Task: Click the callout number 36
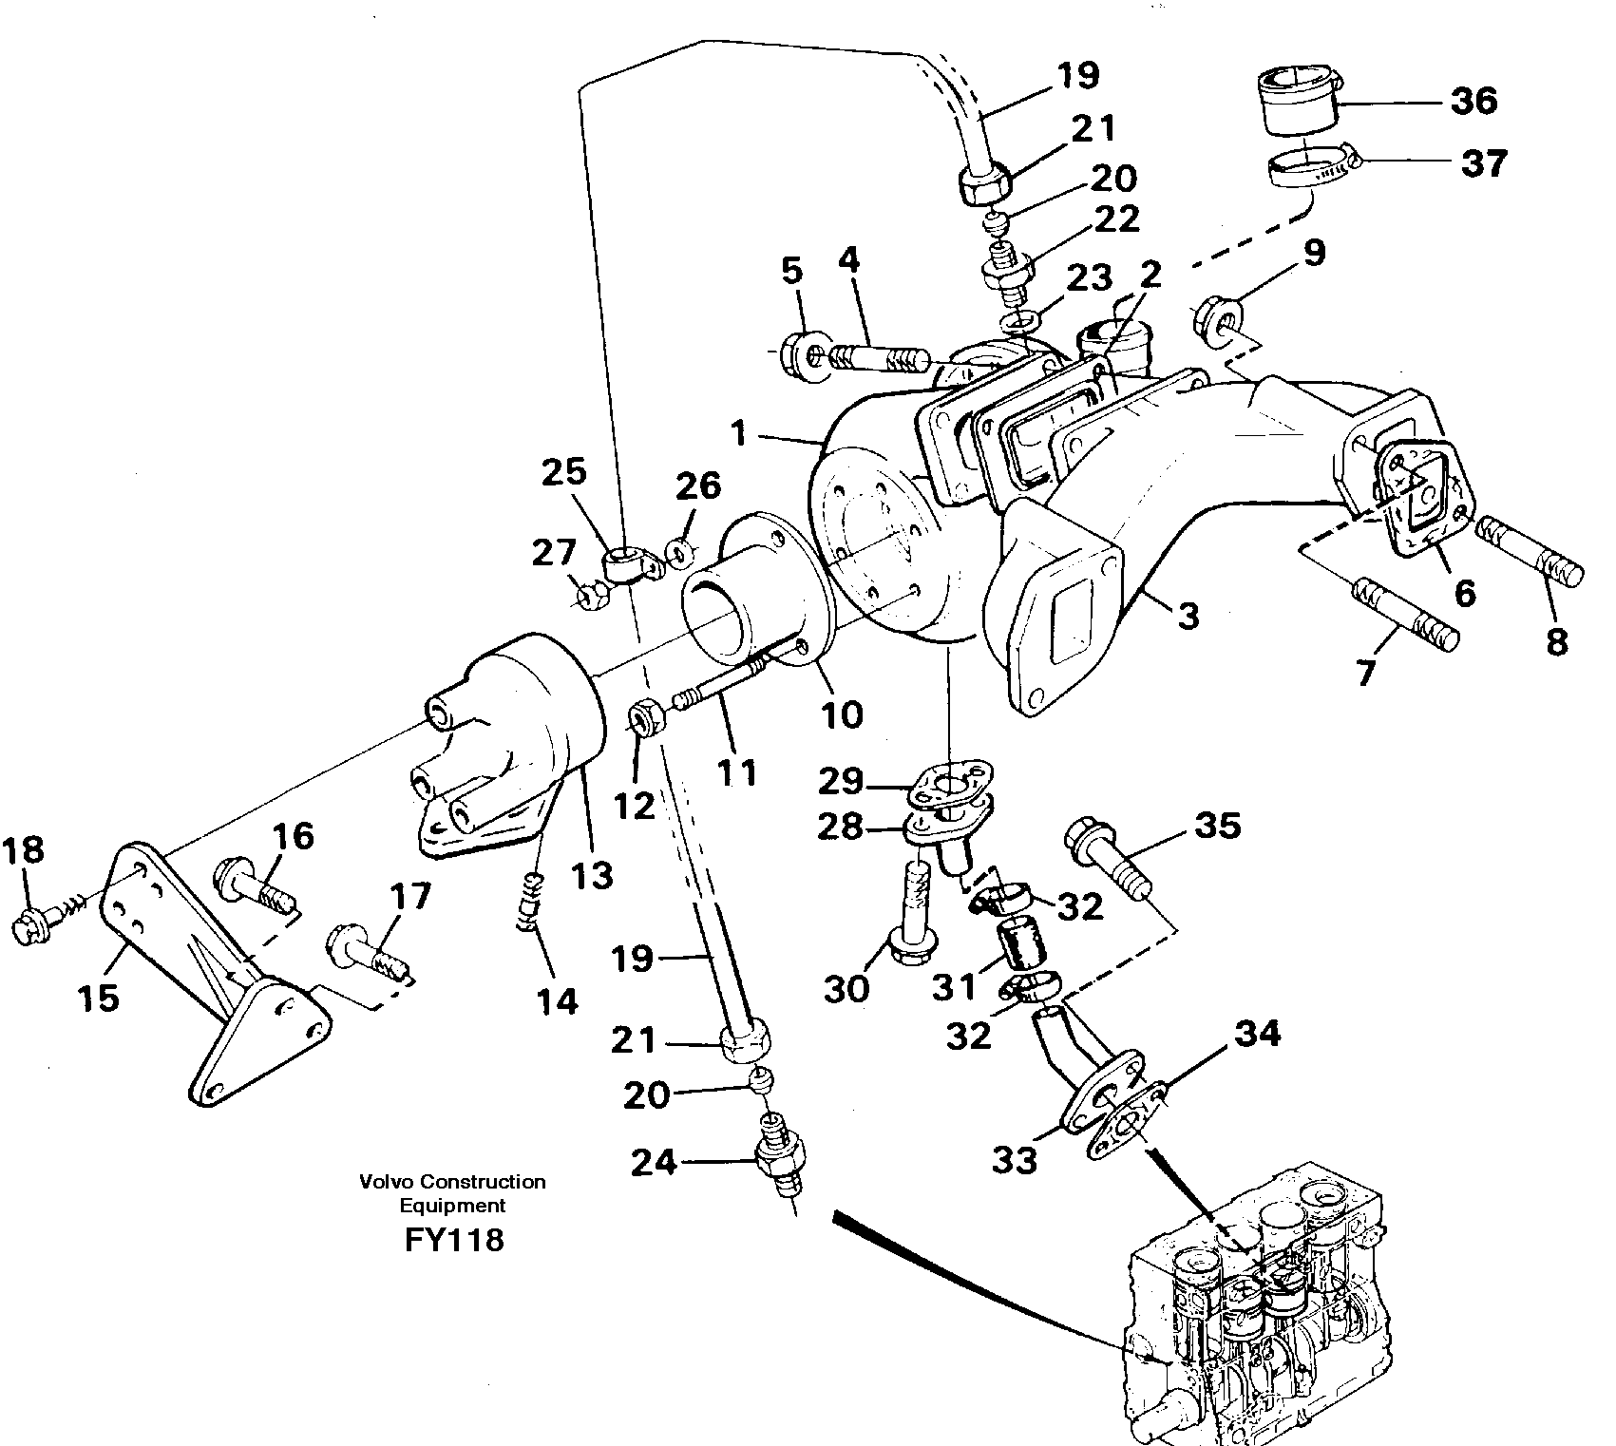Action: (1474, 101)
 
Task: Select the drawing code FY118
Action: (453, 1240)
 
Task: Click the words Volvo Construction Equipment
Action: (452, 1193)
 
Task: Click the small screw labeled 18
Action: (41, 922)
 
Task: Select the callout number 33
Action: (1015, 1160)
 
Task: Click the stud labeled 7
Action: (1403, 619)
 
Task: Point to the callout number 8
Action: (1556, 642)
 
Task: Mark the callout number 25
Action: (564, 472)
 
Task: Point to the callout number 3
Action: (1188, 615)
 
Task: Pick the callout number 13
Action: (592, 874)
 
